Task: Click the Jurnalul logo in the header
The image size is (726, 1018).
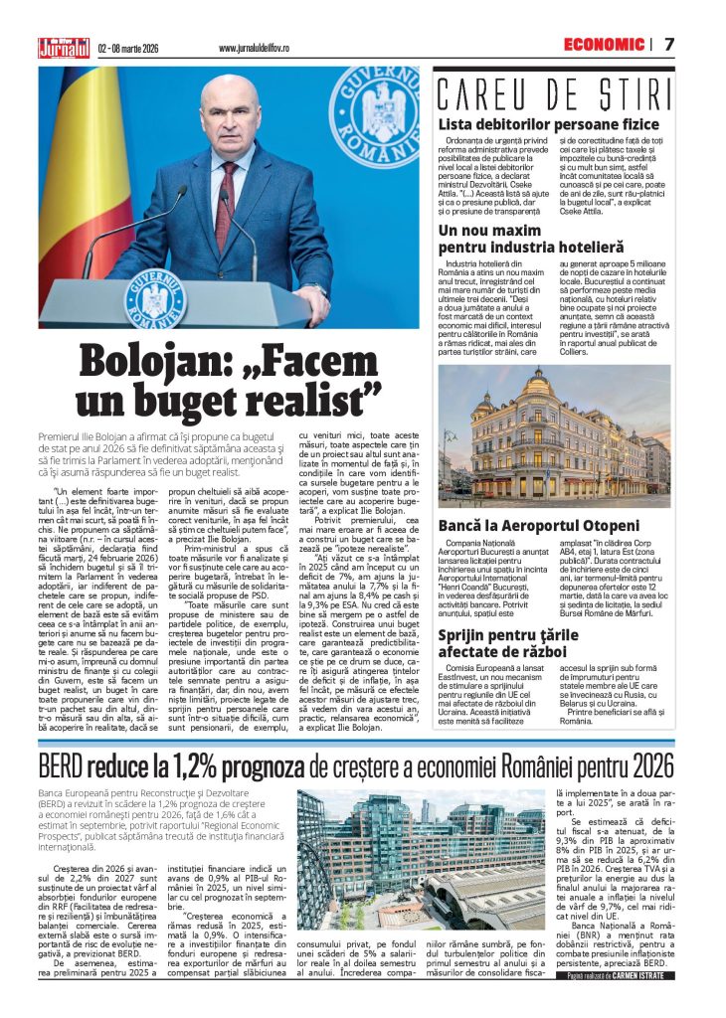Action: [64, 47]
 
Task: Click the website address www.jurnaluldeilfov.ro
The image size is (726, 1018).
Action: [254, 48]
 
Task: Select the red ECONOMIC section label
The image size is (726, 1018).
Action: [604, 45]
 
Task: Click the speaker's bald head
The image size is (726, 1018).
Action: [227, 94]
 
